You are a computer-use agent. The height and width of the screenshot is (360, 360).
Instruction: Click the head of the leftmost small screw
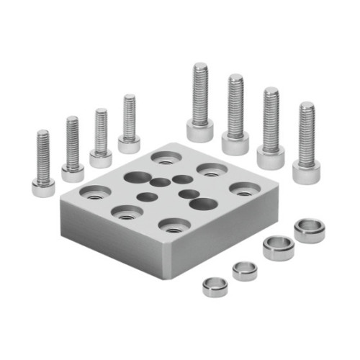pos(43,188)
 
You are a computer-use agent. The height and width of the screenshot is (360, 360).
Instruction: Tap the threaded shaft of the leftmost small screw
pos(43,154)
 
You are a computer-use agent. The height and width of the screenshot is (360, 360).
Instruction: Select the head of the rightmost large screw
pos(306,171)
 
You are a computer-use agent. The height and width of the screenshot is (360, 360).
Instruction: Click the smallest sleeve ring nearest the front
pos(215,287)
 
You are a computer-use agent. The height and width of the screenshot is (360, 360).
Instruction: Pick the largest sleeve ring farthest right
pos(310,230)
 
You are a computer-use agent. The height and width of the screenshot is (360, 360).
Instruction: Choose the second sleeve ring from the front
pos(245,271)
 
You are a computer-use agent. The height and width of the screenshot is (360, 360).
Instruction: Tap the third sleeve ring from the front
pos(277,247)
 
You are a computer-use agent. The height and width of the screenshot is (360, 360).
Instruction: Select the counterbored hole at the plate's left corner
pos(96,192)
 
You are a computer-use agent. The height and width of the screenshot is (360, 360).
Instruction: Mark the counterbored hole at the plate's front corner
pos(173,225)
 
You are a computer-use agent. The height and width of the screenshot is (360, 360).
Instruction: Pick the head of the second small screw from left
pos(73,172)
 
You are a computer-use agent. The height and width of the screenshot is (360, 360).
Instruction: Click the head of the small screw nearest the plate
pos(129,145)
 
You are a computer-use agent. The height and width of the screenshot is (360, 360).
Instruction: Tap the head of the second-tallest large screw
pos(235,141)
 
